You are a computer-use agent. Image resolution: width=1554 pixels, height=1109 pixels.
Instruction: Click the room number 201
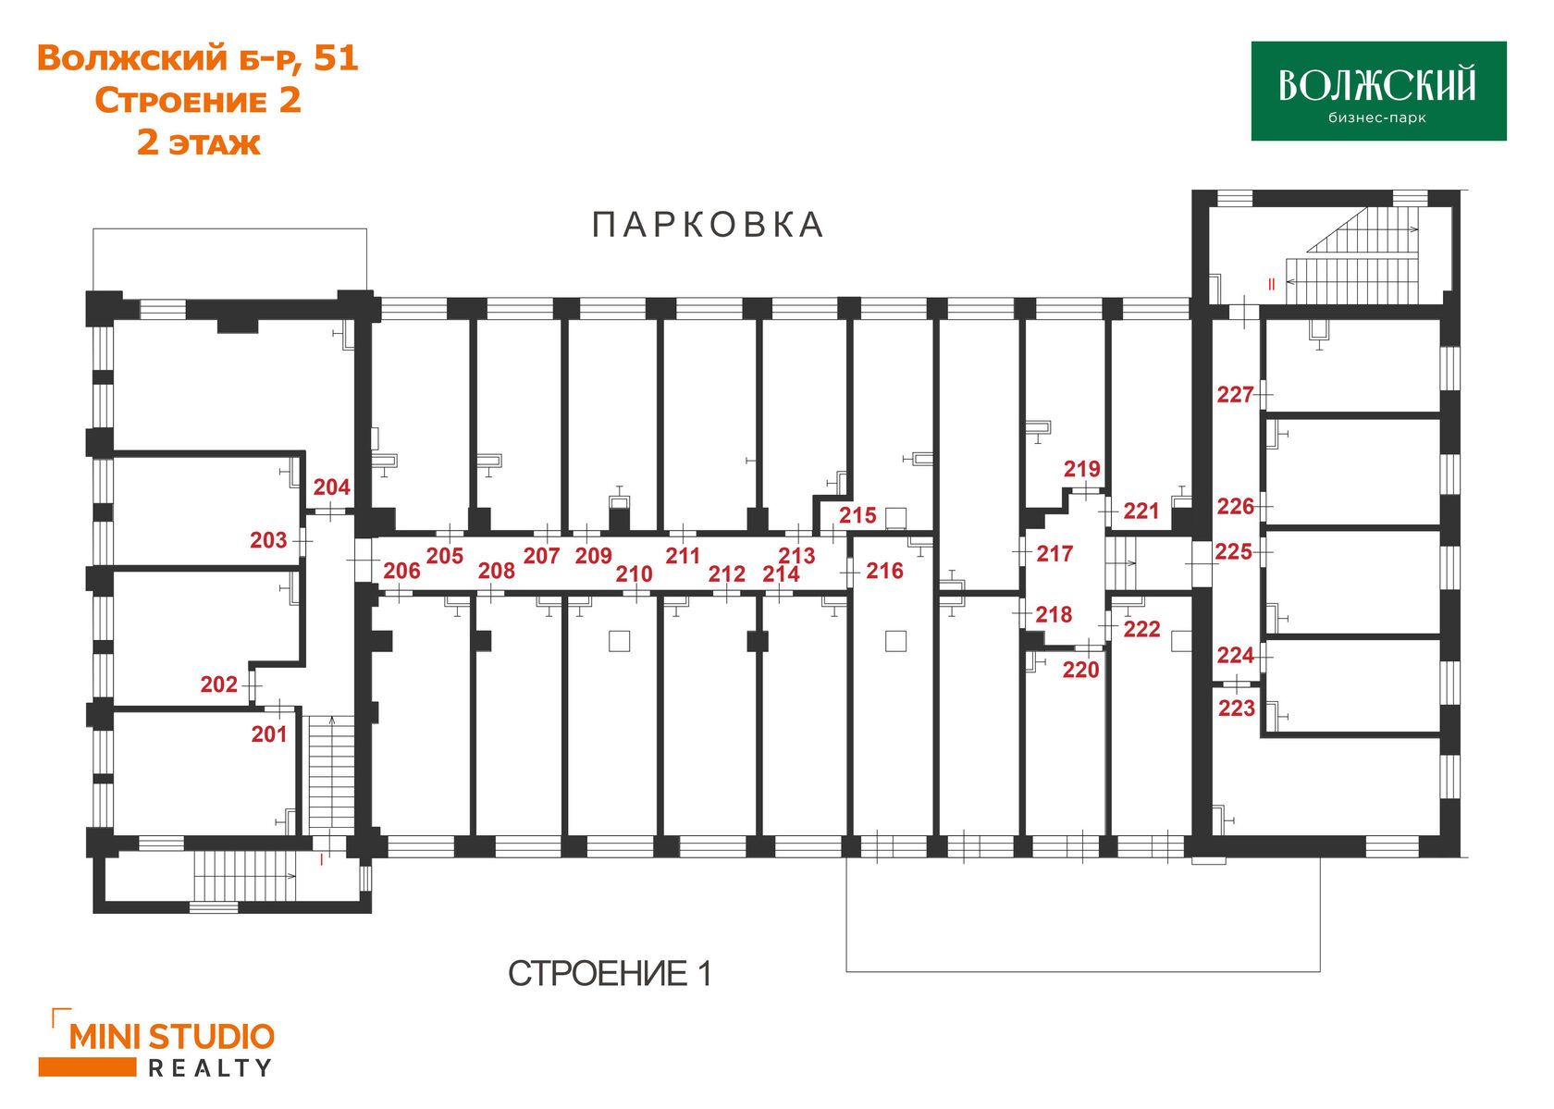coord(269,734)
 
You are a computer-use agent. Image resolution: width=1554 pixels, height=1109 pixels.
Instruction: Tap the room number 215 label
coord(857,515)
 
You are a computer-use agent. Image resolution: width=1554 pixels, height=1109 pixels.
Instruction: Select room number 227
coord(1235,395)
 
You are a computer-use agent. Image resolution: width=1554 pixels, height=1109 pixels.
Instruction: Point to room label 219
coord(1081,469)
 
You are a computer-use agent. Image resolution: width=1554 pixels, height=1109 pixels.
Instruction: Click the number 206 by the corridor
coord(401,571)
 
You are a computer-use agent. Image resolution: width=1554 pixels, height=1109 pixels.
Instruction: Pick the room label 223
coord(1236,709)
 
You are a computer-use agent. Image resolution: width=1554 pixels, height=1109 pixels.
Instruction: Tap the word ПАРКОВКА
coord(708,225)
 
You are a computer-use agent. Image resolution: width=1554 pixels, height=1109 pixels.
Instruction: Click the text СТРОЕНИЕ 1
coord(610,973)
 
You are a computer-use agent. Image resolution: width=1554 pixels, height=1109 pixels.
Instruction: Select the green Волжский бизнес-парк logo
coord(1377,91)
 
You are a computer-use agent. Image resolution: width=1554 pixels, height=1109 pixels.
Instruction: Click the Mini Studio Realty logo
coord(157,1043)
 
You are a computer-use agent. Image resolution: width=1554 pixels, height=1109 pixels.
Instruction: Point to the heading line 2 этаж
coord(198,143)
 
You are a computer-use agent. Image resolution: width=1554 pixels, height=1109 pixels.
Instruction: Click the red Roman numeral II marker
coord(1272,284)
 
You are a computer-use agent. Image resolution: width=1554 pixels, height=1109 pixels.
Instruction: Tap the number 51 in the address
coord(336,58)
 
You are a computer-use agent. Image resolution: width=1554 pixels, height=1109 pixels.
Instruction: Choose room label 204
coord(331,487)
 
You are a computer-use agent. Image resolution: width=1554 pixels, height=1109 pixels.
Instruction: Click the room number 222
coord(1141,629)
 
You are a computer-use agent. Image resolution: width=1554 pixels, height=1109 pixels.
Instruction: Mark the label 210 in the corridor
coord(634,574)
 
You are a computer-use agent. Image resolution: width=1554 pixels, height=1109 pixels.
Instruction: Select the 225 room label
coord(1233,552)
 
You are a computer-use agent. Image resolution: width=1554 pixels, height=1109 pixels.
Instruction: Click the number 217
coord(1054,554)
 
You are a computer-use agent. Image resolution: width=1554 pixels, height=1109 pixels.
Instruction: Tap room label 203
coord(268,540)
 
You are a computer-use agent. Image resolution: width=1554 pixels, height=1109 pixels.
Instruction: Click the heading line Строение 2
coord(198,101)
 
